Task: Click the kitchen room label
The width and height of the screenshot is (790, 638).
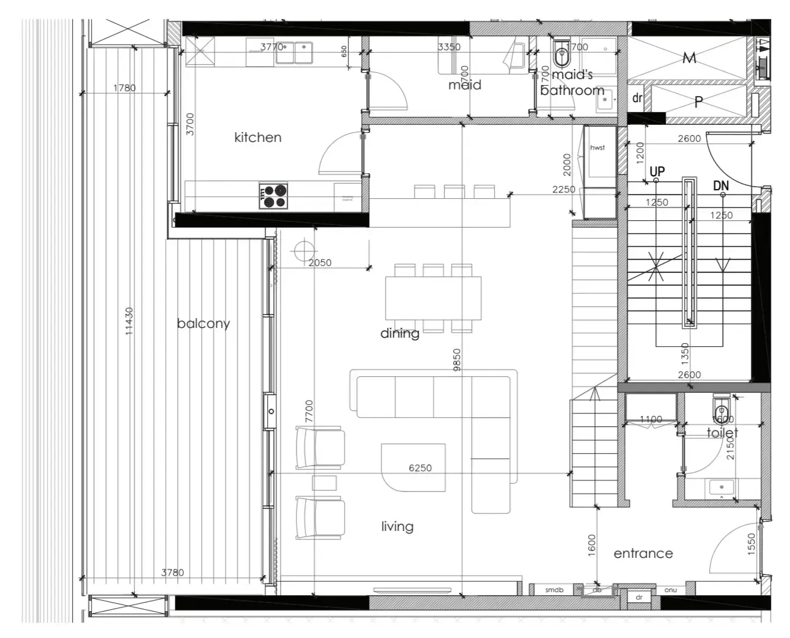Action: (x=257, y=138)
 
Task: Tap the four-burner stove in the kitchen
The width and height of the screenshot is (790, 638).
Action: (x=274, y=196)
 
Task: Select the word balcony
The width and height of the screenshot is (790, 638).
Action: (x=203, y=324)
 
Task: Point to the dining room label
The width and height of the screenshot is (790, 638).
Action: (x=400, y=333)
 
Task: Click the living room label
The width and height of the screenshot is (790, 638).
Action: (x=397, y=527)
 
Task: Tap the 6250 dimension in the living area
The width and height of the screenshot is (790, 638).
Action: (x=420, y=468)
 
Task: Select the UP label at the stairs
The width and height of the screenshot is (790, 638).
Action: (x=657, y=171)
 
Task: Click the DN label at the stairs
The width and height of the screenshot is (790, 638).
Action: (x=721, y=186)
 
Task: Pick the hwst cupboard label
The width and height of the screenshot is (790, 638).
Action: (x=597, y=148)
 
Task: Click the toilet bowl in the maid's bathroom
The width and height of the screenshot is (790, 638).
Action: (x=561, y=56)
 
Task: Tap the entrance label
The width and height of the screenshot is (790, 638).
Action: (x=643, y=554)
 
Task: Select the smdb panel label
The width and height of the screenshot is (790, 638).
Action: (x=554, y=590)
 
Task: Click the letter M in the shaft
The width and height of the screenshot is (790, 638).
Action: (x=689, y=58)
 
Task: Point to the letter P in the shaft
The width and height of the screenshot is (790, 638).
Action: (x=699, y=102)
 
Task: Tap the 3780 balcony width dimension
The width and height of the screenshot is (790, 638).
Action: (x=172, y=573)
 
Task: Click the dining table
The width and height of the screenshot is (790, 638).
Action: (x=433, y=298)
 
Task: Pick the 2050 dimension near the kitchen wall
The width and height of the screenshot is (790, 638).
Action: (x=319, y=263)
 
